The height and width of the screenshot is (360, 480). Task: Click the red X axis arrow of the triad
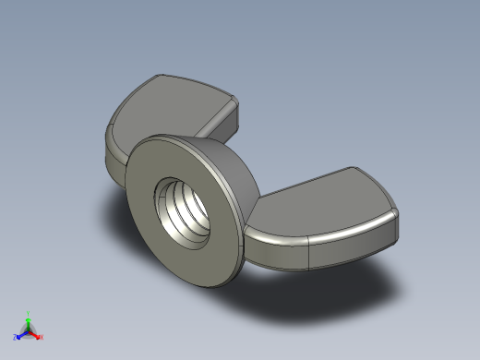37,335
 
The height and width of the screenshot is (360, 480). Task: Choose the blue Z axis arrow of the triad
20,335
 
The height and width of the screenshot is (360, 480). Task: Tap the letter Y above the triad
29,313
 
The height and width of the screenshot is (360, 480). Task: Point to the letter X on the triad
42,338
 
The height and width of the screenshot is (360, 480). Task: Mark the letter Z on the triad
16,338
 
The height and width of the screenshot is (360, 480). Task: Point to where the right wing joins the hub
251,217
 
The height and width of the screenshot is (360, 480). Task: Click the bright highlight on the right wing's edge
277,238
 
